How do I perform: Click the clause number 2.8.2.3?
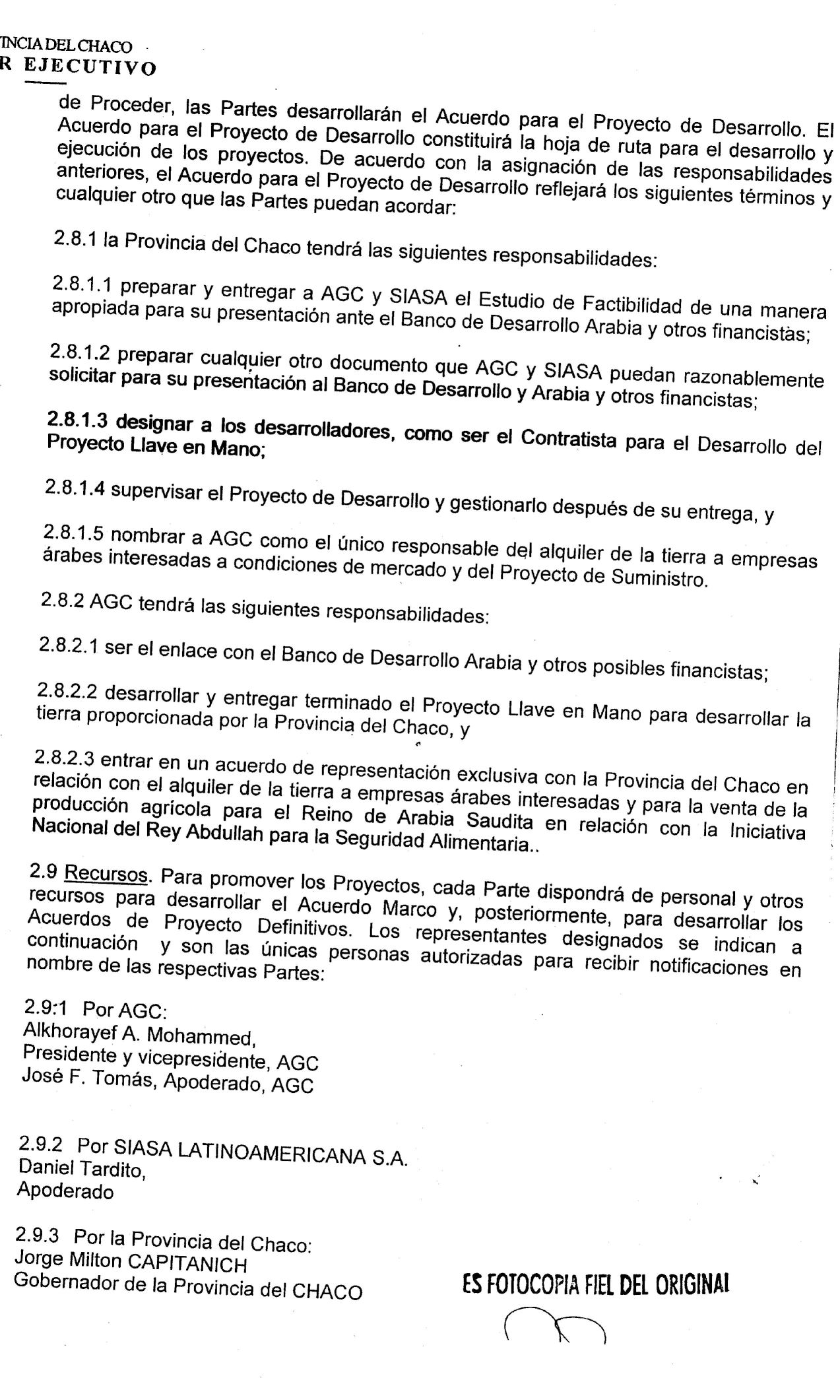[65, 759]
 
